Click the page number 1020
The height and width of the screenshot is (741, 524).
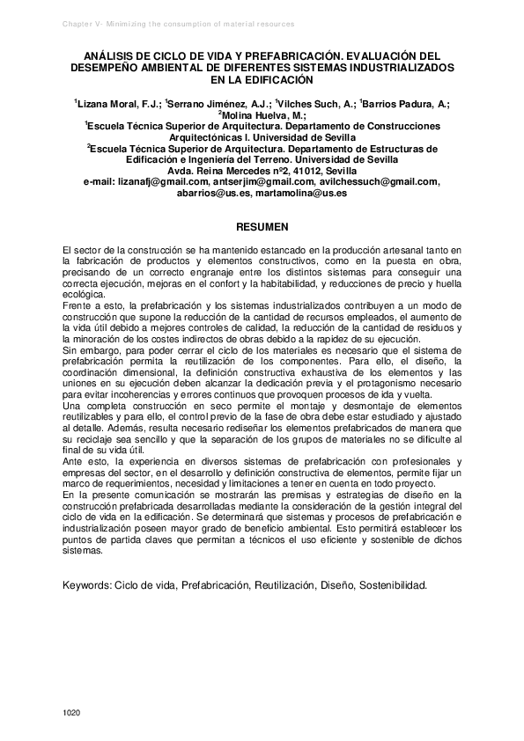72,710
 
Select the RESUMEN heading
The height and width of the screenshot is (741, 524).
262,227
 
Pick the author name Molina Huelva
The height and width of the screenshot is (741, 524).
261,114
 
